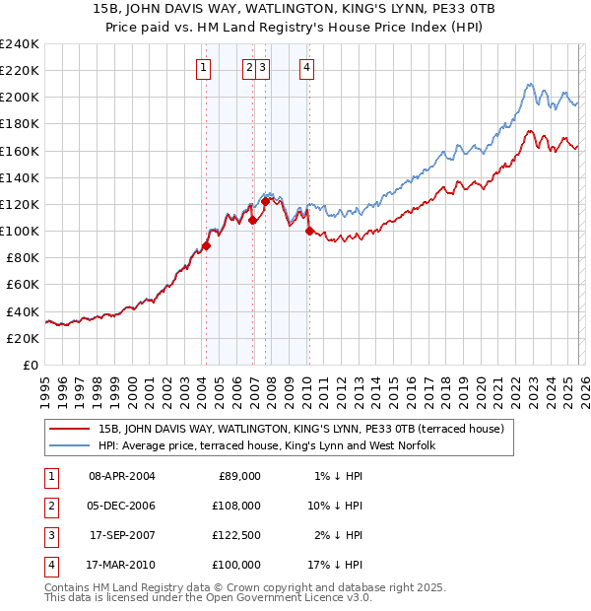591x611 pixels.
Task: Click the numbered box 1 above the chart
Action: point(202,68)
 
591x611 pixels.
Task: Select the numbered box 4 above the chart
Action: point(307,68)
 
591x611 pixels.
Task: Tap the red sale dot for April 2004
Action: point(206,245)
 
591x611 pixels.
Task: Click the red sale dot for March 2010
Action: point(309,232)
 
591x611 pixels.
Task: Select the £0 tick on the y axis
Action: point(31,365)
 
